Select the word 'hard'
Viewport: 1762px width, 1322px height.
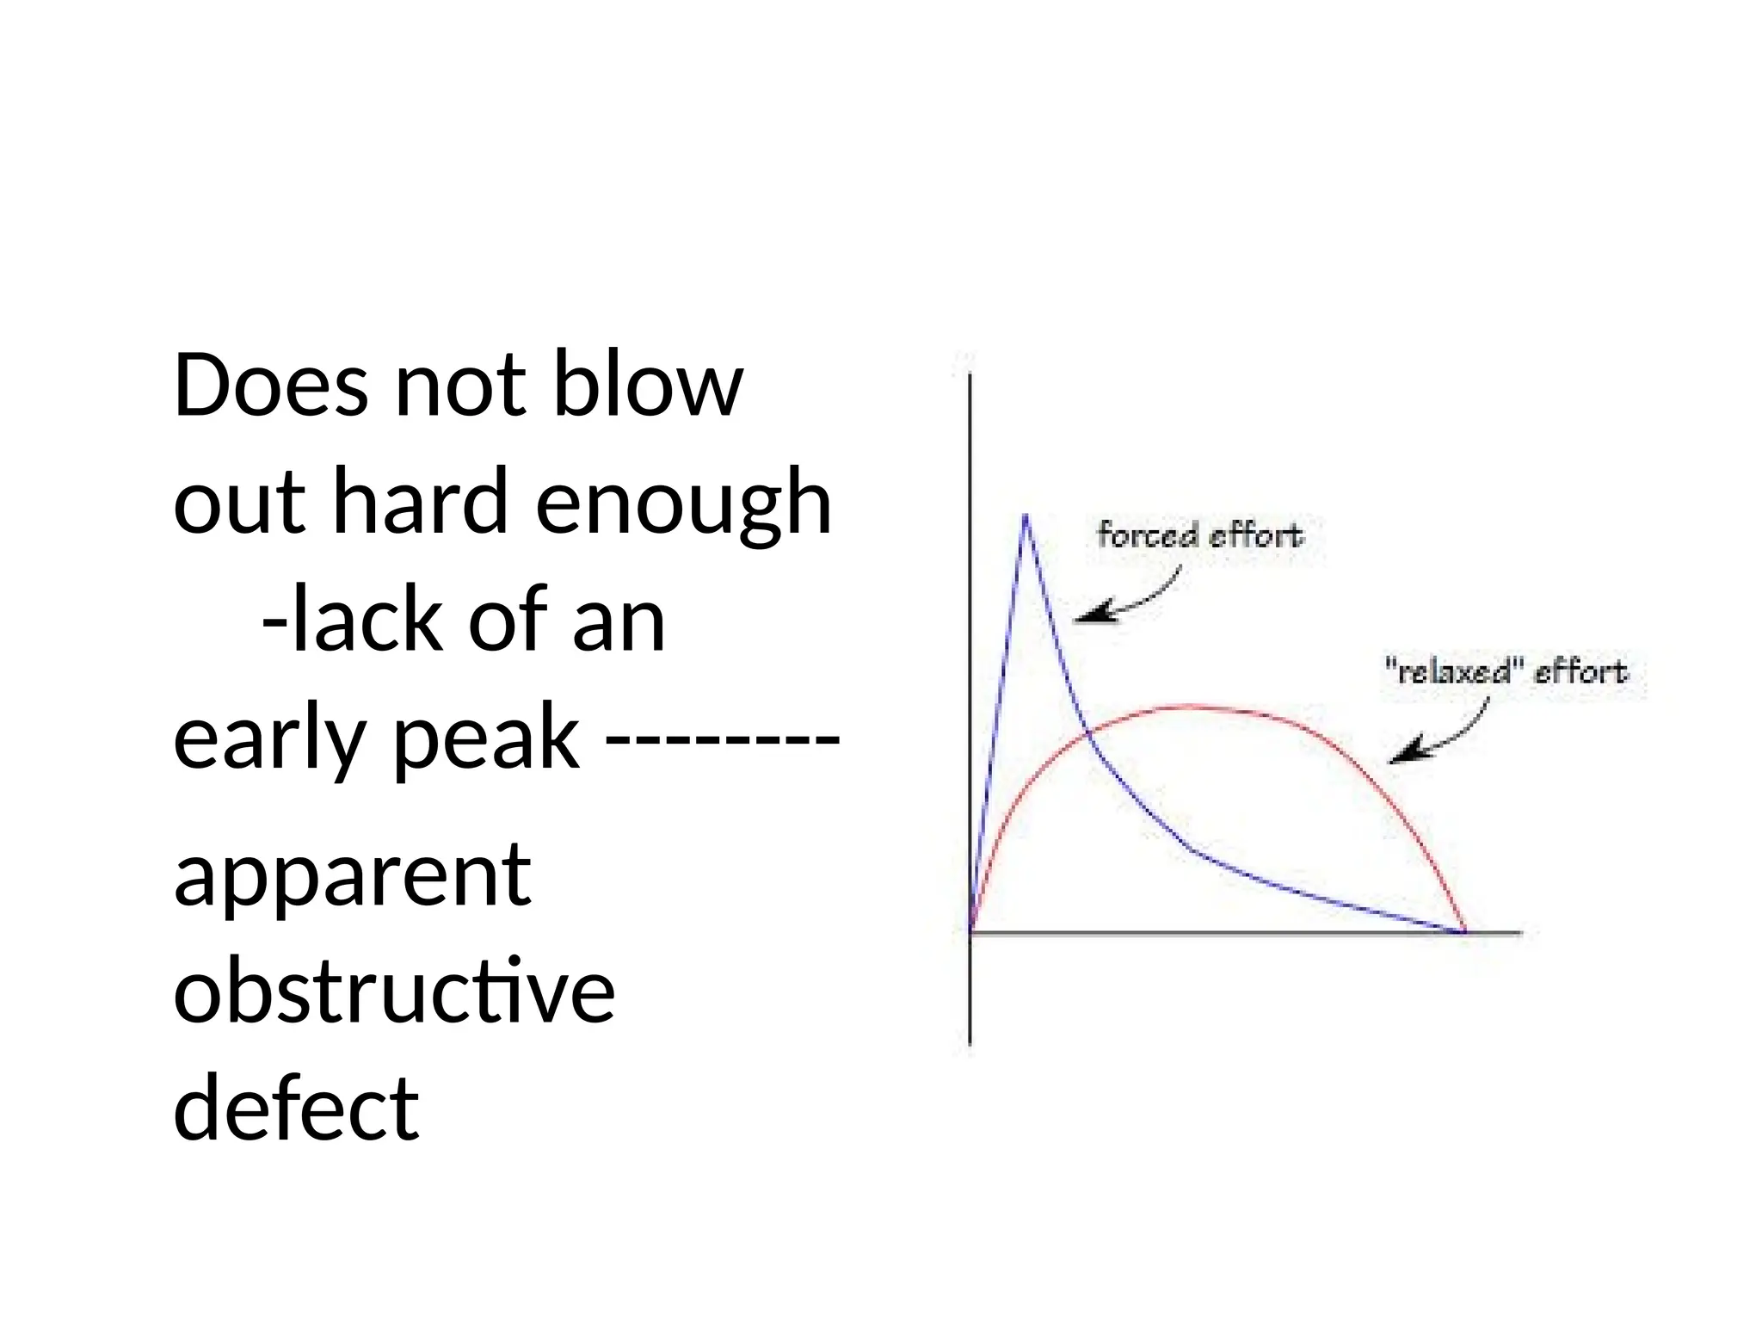point(419,501)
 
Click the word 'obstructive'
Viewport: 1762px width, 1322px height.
point(393,992)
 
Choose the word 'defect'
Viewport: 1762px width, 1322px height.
point(296,1109)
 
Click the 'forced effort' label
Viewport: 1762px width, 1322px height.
point(1199,535)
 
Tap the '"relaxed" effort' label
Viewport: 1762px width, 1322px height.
point(1506,671)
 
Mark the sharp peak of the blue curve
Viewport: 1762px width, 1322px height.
point(1025,516)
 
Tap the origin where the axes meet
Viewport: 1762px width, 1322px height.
point(970,931)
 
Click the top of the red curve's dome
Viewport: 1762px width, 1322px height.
point(1187,707)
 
